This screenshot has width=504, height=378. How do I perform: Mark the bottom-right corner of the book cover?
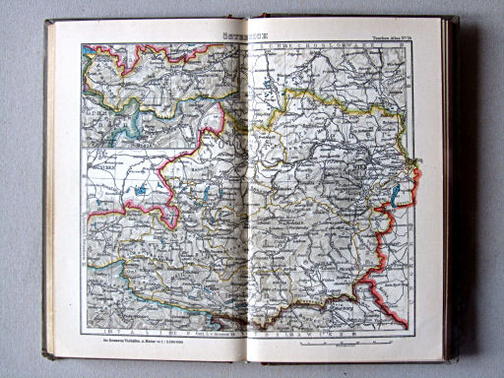point(456,358)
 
